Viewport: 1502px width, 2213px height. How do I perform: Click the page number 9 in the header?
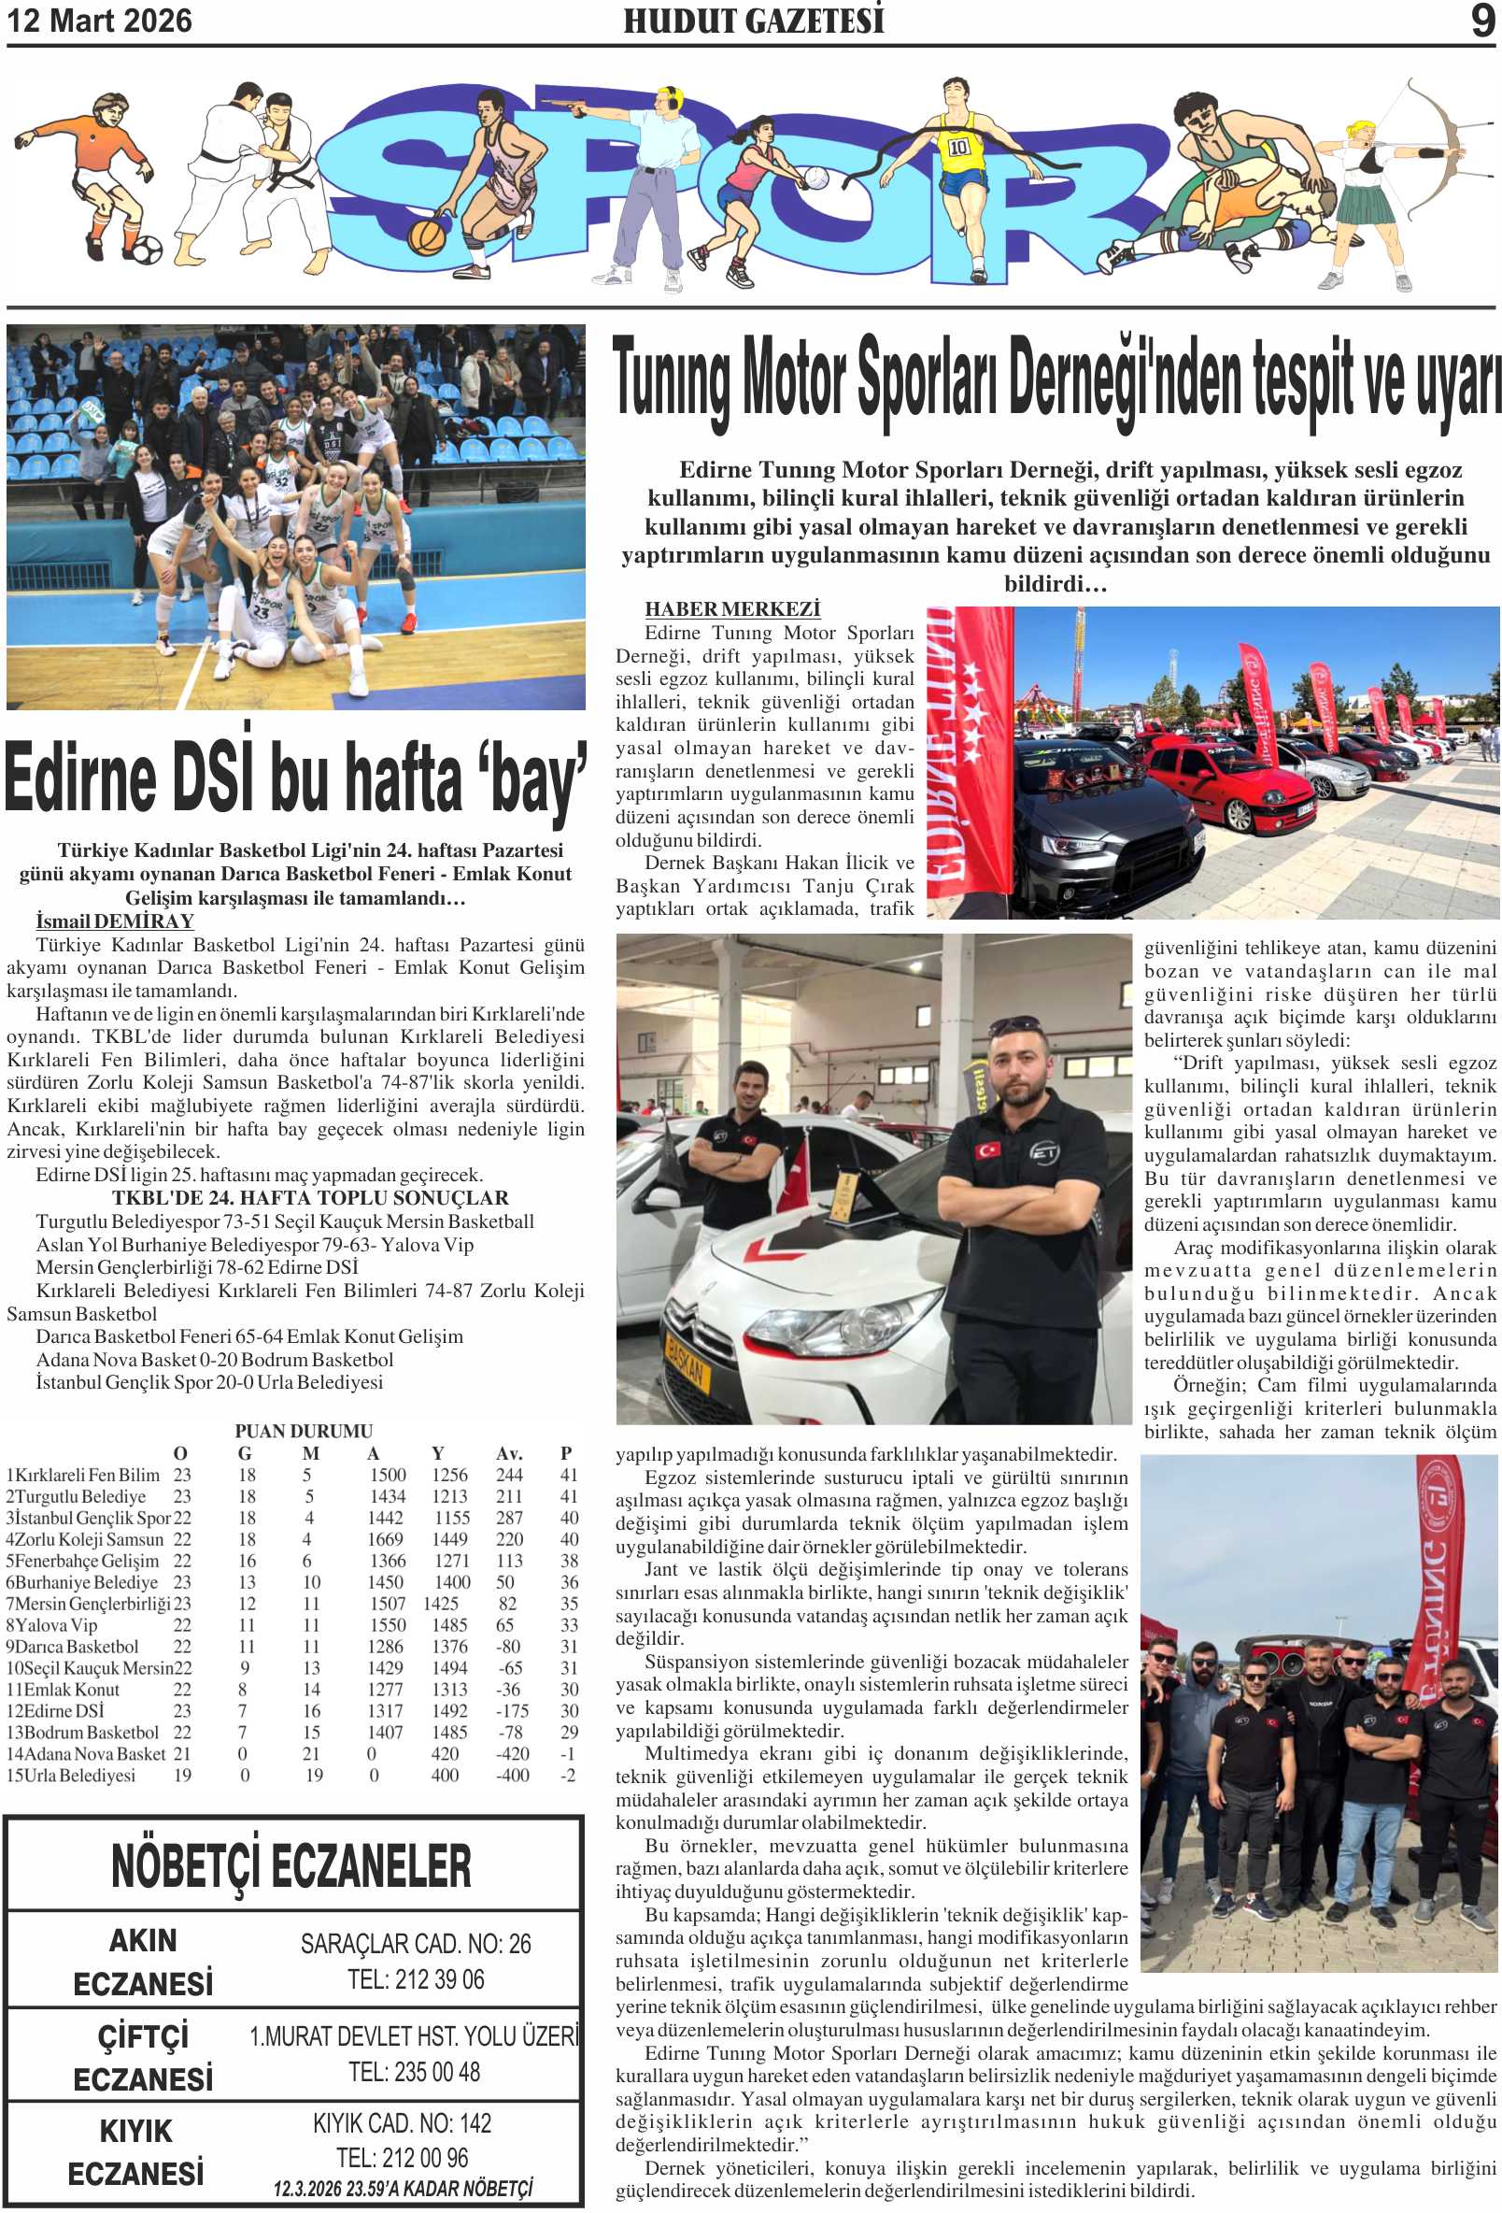click(1482, 21)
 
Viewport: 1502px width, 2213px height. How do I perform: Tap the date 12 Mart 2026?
click(100, 21)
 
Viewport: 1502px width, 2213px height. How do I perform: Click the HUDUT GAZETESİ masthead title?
click(753, 21)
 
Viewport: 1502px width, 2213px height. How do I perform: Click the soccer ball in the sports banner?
click(145, 251)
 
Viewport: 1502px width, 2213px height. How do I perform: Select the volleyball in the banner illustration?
click(815, 178)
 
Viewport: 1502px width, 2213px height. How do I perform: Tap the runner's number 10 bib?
click(957, 147)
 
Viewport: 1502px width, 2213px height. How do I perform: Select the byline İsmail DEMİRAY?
click(114, 921)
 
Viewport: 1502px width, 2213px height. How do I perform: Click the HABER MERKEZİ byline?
click(732, 609)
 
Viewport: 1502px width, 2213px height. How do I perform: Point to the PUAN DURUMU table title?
click(304, 1430)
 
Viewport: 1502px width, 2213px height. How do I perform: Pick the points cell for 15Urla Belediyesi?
click(568, 1775)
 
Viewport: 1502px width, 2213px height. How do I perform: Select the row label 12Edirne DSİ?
click(55, 1710)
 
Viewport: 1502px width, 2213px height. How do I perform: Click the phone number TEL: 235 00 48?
click(414, 2071)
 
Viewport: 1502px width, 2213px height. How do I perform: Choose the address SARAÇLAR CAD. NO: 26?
click(415, 1944)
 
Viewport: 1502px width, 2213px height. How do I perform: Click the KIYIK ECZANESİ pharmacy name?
click(137, 2152)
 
